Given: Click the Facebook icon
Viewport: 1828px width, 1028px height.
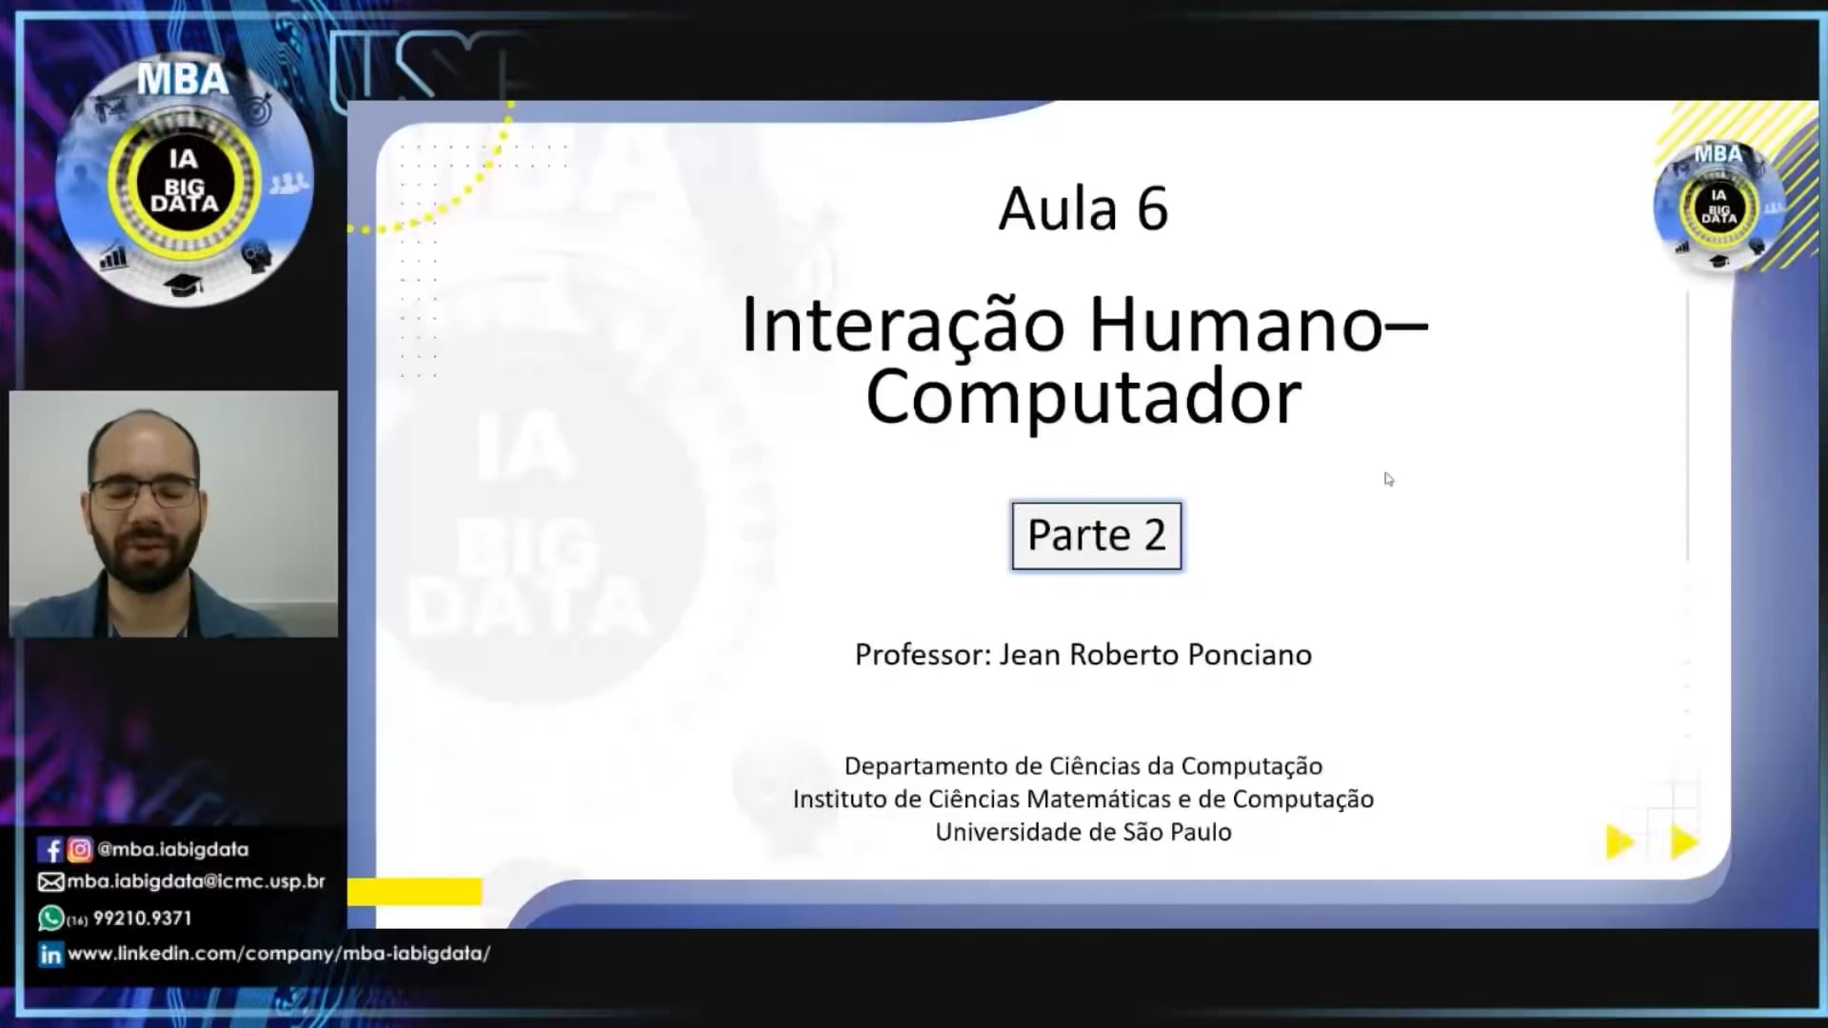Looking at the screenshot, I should pyautogui.click(x=50, y=849).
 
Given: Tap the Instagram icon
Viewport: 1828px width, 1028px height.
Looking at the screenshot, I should pyautogui.click(x=80, y=849).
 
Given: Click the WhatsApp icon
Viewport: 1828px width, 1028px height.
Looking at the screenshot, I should pyautogui.click(x=50, y=918).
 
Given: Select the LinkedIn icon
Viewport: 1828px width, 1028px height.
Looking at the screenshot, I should pyautogui.click(x=50, y=954).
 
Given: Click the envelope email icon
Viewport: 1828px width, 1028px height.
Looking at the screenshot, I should pyautogui.click(x=50, y=882).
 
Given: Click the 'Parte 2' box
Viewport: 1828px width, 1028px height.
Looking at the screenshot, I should pyautogui.click(x=1096, y=536).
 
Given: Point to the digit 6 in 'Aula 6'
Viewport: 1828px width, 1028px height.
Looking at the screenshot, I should pyautogui.click(x=1152, y=208).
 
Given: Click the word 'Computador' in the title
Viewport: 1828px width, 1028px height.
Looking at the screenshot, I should pyautogui.click(x=1083, y=397).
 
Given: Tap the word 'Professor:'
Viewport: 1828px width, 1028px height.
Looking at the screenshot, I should pyautogui.click(x=923, y=655).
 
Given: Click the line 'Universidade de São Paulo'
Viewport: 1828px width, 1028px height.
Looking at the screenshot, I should pyautogui.click(x=1083, y=832).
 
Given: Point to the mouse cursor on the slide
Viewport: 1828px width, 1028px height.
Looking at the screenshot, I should pyautogui.click(x=1389, y=479).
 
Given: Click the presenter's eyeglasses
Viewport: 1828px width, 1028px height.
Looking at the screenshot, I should pyautogui.click(x=145, y=492).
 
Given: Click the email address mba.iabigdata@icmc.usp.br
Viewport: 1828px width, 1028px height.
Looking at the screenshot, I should pyautogui.click(x=196, y=881).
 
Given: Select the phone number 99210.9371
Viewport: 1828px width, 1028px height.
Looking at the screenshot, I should pyautogui.click(x=143, y=919).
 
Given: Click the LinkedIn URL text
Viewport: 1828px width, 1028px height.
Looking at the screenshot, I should pyautogui.click(x=279, y=954).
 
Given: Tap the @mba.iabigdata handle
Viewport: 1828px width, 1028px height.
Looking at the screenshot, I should pyautogui.click(x=172, y=849).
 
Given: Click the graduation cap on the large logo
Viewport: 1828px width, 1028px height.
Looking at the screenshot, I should pyautogui.click(x=184, y=284).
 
